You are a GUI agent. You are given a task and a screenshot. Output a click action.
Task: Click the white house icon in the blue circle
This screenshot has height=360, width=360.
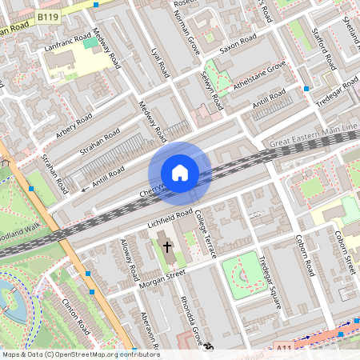coord(180,172)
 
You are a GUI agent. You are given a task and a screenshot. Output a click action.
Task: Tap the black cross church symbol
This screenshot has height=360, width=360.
coord(168,247)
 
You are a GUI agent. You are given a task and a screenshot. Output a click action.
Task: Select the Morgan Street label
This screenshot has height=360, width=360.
coord(164,277)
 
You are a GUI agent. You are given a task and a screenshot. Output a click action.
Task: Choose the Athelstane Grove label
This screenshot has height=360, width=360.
coord(258,78)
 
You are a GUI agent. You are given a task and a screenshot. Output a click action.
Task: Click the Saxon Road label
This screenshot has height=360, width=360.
coord(238,42)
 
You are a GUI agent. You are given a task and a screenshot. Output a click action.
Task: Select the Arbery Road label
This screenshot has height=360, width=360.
coord(74,125)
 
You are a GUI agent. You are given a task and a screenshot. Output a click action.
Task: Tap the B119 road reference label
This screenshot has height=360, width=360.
coord(49,15)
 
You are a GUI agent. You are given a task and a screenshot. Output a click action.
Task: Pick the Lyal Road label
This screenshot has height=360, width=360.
coord(160,62)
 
